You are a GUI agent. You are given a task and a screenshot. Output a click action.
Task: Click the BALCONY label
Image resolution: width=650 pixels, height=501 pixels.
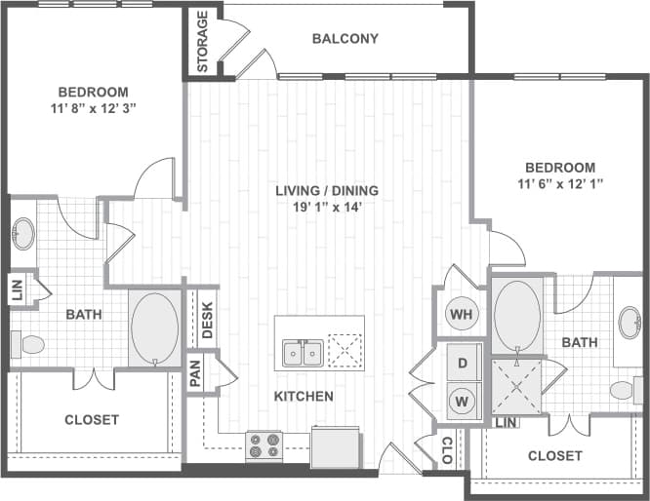click(345, 39)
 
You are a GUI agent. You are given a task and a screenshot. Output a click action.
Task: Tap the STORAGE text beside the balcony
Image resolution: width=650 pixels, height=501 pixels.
click(203, 42)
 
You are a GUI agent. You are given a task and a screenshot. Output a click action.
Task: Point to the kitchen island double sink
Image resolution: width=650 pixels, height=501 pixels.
click(303, 353)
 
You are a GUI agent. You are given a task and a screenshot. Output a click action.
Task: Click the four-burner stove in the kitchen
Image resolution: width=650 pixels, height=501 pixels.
click(264, 445)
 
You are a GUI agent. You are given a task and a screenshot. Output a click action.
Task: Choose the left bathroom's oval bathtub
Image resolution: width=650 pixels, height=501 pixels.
click(154, 328)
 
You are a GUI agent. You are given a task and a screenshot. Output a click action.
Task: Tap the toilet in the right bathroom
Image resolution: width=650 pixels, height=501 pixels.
click(623, 391)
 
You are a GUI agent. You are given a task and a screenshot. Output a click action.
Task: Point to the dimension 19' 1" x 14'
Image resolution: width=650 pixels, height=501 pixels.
click(326, 208)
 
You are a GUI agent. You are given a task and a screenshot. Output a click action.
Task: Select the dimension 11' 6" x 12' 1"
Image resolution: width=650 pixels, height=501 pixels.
click(559, 184)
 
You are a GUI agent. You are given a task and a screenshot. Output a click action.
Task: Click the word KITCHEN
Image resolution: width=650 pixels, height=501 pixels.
click(303, 397)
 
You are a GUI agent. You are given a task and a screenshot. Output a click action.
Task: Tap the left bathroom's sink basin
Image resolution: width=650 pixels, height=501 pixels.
click(22, 234)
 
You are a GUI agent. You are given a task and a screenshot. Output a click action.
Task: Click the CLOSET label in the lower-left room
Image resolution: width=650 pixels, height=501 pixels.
click(92, 420)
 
